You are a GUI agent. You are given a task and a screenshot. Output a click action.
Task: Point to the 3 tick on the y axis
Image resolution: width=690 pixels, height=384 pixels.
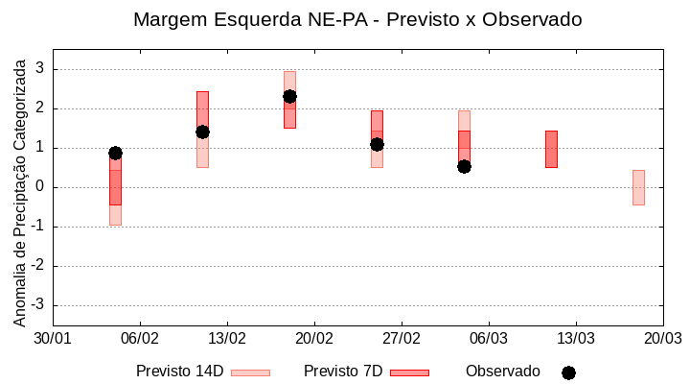click(41, 69)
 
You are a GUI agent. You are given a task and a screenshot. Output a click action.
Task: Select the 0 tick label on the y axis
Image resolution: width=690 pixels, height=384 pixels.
click(41, 187)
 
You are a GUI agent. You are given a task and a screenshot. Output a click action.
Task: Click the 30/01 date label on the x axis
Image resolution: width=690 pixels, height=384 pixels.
click(53, 339)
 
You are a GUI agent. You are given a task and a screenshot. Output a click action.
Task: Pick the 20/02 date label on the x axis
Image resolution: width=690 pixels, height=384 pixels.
click(314, 339)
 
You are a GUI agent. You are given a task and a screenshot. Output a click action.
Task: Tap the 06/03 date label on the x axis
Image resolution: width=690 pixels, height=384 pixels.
click(489, 339)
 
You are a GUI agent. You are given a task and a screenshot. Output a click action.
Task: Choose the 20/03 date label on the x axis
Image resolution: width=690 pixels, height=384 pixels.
click(662, 339)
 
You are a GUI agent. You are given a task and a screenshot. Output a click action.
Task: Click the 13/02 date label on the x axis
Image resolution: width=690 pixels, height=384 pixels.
click(227, 339)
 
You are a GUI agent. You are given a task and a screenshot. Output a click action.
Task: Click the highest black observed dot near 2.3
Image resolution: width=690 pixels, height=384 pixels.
click(289, 96)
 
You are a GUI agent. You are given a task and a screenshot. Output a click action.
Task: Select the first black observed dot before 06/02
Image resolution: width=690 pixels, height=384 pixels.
click(115, 153)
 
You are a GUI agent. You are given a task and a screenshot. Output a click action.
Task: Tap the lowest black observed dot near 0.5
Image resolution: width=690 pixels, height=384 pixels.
click(464, 166)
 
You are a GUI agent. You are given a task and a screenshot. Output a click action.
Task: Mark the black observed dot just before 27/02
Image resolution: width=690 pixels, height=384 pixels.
click(377, 144)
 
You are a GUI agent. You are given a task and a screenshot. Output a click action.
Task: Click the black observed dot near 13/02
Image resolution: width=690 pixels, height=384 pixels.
click(202, 132)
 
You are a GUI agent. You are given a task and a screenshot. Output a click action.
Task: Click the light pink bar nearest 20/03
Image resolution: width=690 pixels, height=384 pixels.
click(638, 187)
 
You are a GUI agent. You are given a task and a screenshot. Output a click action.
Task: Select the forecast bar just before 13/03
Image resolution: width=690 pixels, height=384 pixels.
click(551, 149)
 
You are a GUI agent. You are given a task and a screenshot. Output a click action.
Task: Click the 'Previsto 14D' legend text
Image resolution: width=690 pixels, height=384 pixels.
click(179, 372)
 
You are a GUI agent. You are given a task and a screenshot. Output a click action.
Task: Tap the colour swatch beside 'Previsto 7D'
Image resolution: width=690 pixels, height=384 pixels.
click(409, 372)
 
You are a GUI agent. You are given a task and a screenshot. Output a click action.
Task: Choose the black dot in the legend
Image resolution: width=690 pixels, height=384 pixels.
click(568, 372)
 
